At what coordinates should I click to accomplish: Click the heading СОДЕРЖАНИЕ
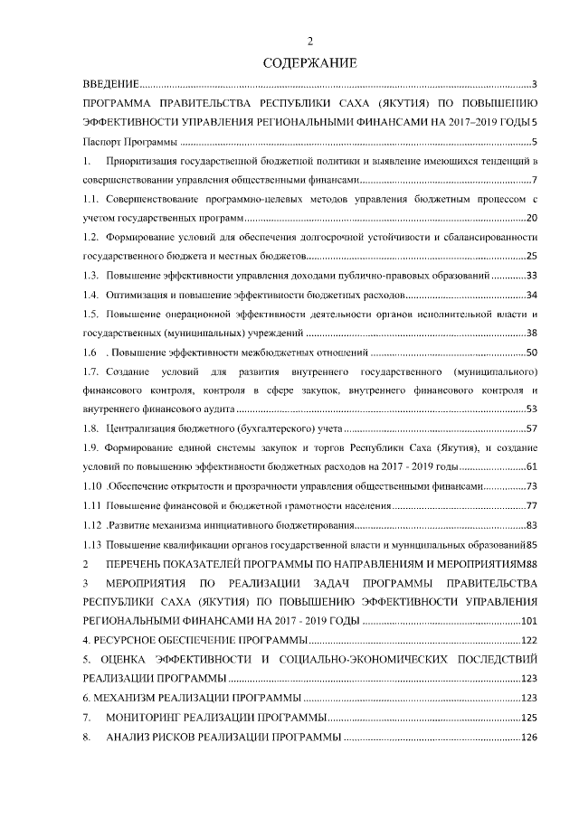click(x=309, y=63)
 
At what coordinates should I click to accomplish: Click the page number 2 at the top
click(x=309, y=41)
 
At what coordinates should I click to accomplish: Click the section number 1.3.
click(x=90, y=275)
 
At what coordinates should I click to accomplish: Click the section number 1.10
click(x=91, y=486)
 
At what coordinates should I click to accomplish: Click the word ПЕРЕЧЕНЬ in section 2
click(x=140, y=563)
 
